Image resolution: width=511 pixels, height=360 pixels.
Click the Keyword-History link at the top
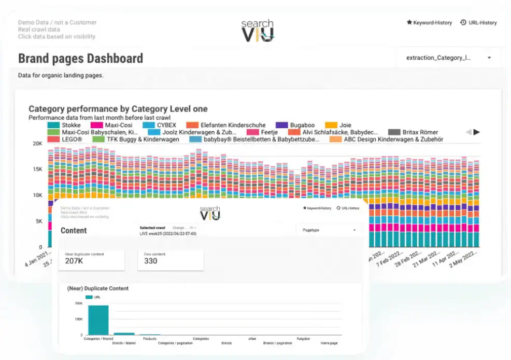(x=429, y=23)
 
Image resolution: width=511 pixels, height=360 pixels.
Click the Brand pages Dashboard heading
(x=80, y=58)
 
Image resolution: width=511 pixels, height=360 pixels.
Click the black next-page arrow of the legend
(x=477, y=132)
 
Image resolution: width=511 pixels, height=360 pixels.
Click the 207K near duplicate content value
(x=74, y=261)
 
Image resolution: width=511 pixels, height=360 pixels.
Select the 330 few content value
(x=150, y=261)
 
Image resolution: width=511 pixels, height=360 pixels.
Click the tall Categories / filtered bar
(x=98, y=320)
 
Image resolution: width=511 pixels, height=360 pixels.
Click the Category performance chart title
(x=118, y=109)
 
